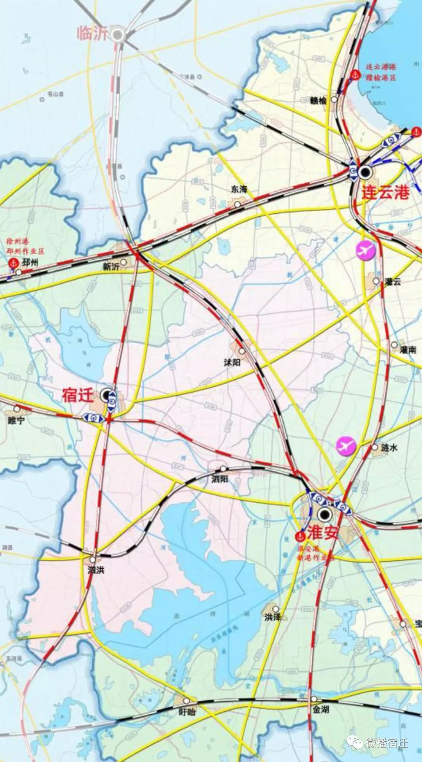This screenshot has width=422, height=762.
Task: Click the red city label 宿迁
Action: (x=77, y=396)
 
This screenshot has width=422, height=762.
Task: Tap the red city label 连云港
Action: (x=385, y=192)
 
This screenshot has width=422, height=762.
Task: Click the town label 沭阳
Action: (x=232, y=362)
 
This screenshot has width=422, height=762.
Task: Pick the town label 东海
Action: (x=239, y=189)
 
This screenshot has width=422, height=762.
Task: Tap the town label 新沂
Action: (x=111, y=266)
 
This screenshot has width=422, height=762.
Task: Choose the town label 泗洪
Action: (x=96, y=570)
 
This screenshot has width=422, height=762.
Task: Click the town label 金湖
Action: (x=320, y=709)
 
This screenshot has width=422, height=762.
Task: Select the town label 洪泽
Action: (x=272, y=617)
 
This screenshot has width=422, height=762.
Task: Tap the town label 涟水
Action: (x=389, y=448)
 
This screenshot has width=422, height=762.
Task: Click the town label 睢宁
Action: (x=16, y=420)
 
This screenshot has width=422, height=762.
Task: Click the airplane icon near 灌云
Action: (x=365, y=250)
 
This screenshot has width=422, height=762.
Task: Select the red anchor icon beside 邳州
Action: (x=13, y=263)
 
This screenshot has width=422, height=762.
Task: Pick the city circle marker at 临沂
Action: (x=117, y=35)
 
